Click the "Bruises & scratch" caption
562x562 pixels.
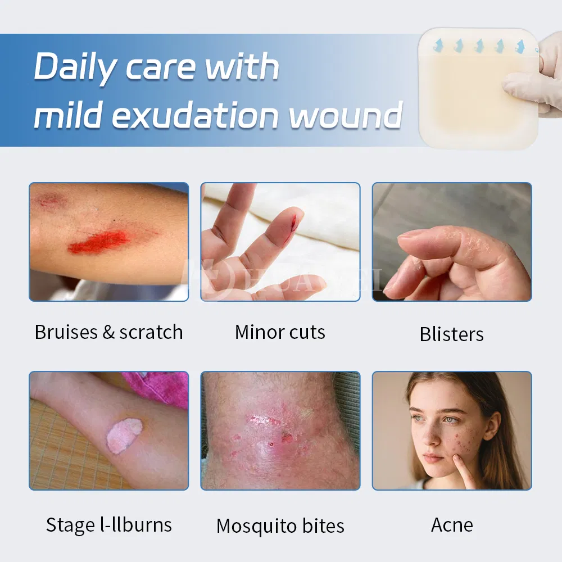pos(108,332)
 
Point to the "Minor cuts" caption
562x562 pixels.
pos(280,332)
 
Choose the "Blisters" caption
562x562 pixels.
pos(451,334)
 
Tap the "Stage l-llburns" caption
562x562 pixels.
pos(108,525)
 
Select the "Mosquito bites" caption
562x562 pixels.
pos(280,526)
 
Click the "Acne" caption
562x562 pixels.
pos(452,525)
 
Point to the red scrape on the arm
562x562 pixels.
pos(99,242)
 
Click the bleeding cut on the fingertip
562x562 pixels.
pos(292,225)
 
